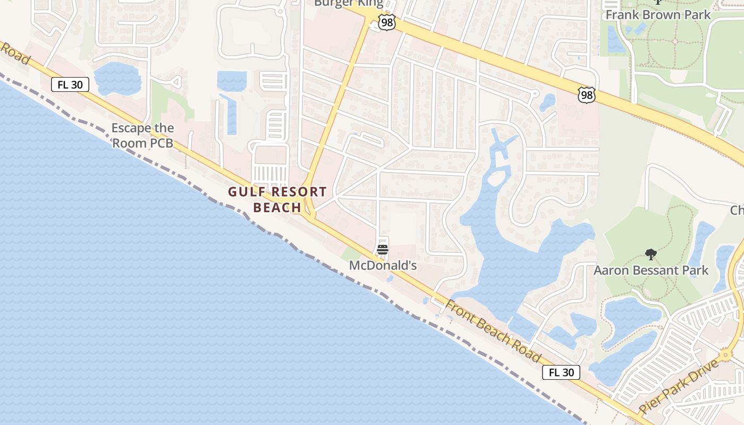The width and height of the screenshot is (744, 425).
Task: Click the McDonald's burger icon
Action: tap(383, 249)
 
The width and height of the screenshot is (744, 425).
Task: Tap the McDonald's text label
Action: tap(383, 265)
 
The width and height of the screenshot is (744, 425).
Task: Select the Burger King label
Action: tap(349, 3)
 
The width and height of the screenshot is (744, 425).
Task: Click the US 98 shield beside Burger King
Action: tap(387, 22)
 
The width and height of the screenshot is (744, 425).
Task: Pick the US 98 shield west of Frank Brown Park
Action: tap(587, 95)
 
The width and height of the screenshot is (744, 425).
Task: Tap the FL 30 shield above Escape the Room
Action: tap(70, 84)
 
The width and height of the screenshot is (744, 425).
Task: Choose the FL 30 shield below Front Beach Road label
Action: tap(561, 372)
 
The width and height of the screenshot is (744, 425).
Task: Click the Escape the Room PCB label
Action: tap(142, 135)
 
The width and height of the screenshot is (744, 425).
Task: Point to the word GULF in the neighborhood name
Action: tap(247, 192)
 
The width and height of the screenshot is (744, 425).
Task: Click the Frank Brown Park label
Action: tap(658, 14)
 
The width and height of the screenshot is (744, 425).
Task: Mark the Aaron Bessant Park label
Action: tap(650, 270)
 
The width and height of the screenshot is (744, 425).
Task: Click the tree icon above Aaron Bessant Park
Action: tap(650, 254)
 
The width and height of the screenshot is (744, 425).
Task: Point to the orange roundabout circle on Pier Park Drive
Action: tap(725, 355)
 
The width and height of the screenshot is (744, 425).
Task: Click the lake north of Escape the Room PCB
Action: tap(117, 78)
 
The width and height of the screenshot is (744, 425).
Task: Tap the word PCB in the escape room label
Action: tap(162, 143)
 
